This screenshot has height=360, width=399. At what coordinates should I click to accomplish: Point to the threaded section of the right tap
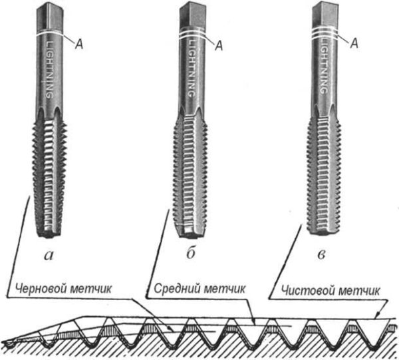click(325, 173)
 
